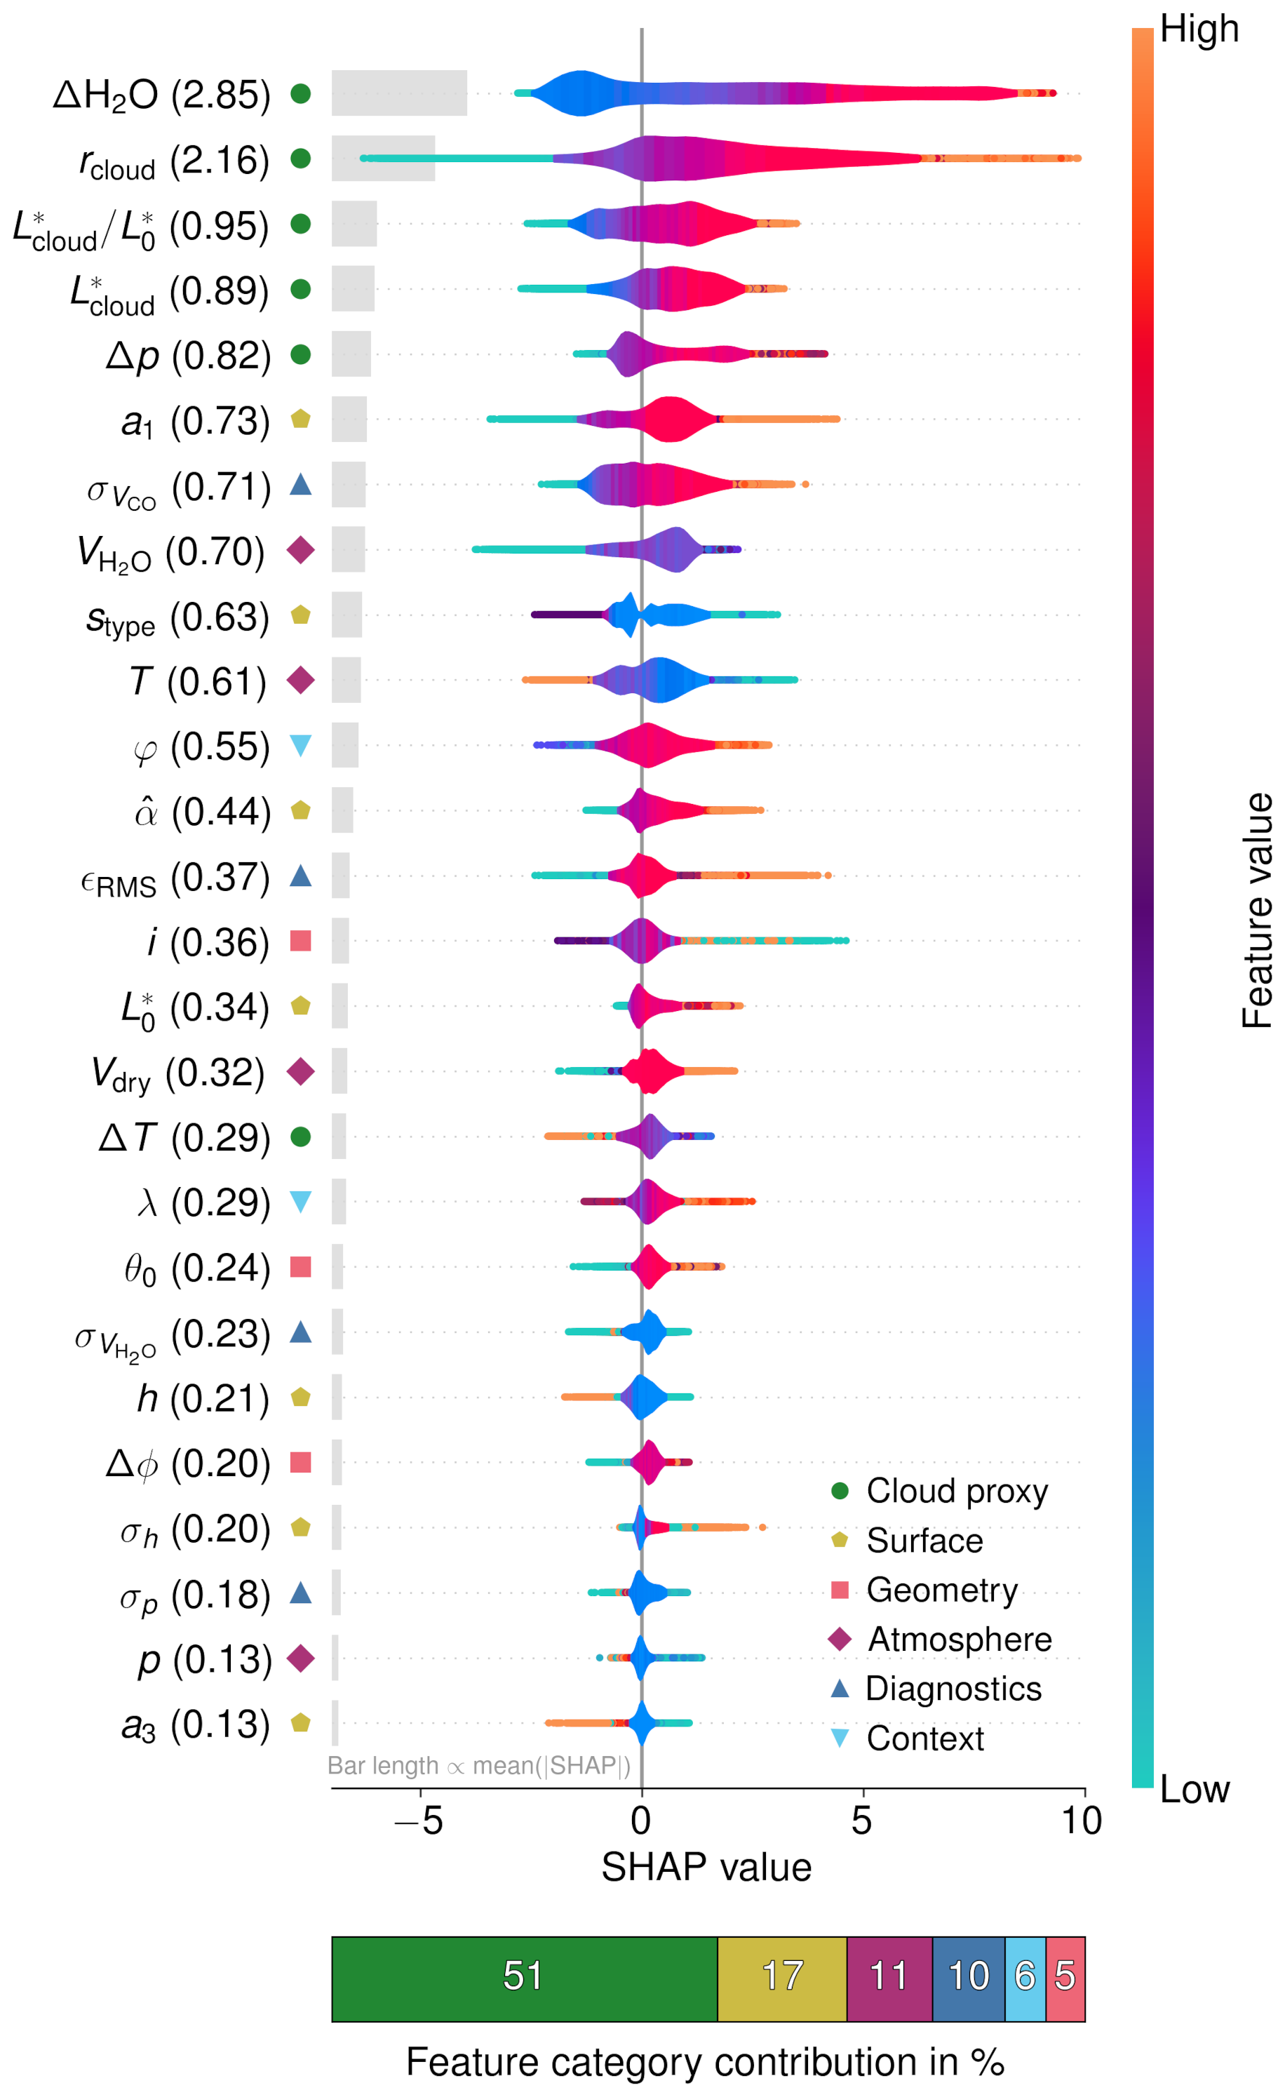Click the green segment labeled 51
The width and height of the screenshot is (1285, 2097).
523,1978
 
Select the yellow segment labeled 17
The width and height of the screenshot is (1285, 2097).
781,1978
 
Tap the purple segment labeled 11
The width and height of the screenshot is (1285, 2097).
889,1978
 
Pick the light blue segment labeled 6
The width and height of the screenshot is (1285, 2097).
1025,1978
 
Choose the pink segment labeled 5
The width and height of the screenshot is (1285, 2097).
1065,1978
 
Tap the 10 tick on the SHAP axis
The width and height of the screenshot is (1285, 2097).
1082,1821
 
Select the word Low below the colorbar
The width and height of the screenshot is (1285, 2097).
1194,1790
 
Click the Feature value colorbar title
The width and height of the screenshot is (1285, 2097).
1257,911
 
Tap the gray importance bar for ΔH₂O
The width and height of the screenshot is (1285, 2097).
399,93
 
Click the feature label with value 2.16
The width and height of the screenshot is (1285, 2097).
174,160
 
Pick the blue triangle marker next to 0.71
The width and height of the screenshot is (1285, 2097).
300,485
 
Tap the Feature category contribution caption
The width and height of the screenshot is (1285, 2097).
706,2062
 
